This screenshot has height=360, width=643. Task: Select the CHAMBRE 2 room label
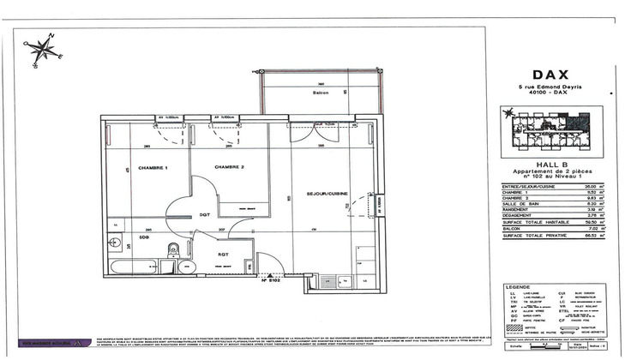point(230,167)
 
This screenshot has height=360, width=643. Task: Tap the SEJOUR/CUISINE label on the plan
point(330,195)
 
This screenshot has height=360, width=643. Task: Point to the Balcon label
point(321,93)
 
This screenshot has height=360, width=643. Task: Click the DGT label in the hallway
point(205,214)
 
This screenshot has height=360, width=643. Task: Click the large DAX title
point(550,74)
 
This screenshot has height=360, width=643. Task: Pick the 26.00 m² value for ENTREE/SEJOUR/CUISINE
point(590,185)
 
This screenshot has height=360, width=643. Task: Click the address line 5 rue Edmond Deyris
point(550,87)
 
